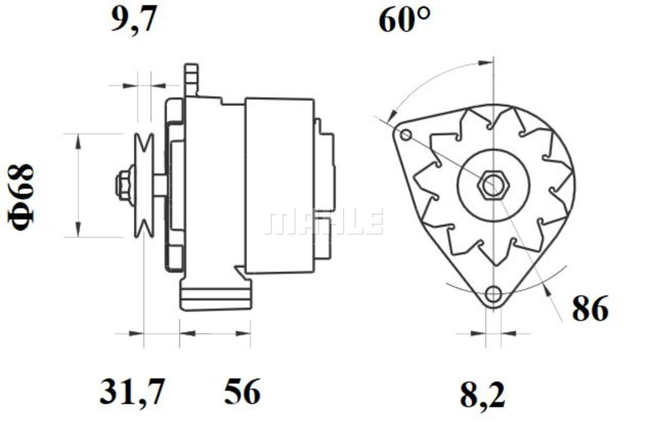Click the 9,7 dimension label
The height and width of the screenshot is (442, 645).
pos(134,19)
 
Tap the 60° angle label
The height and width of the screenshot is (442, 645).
pos(404,19)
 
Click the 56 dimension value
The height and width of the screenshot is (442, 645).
pos(242,391)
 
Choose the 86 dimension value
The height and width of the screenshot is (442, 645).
pos(590,308)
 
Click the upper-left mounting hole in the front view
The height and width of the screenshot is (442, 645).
pos(406,135)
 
